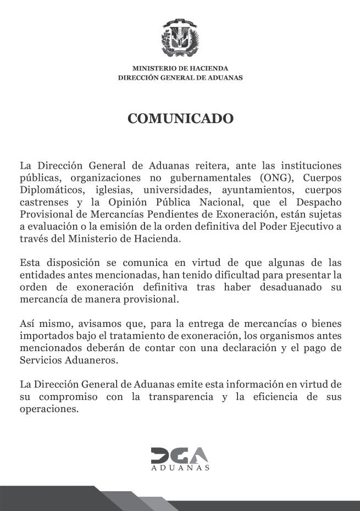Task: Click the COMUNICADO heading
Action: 180,118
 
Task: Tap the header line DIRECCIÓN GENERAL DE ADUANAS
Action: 180,78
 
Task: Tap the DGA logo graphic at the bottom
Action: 180,457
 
